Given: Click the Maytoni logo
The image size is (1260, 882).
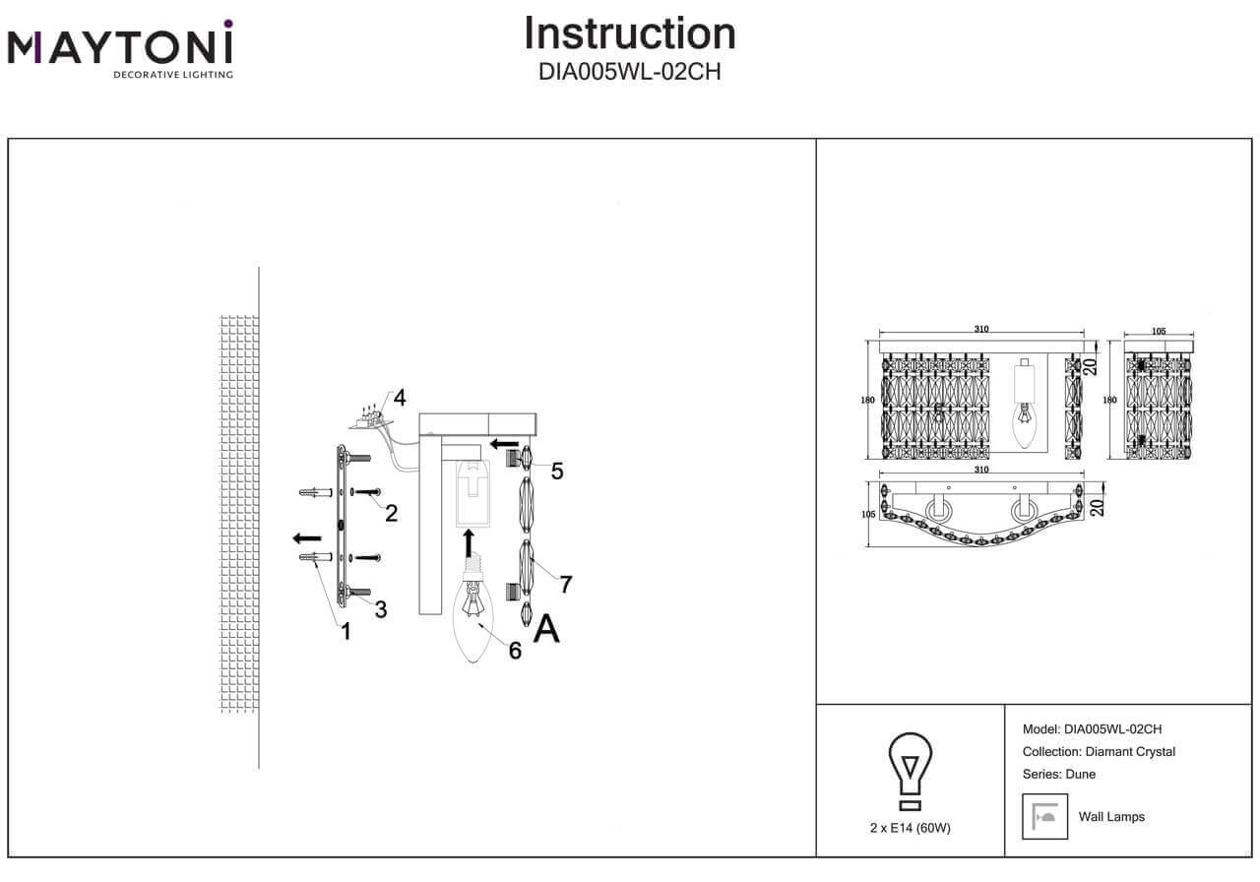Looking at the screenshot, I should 120,49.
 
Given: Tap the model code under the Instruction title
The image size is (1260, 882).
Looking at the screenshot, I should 630,72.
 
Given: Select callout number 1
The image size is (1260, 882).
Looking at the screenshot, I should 346,631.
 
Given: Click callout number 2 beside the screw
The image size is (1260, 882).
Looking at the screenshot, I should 392,513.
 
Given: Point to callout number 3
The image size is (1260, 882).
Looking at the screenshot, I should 380,609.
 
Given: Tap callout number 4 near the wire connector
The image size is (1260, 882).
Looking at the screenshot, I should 399,399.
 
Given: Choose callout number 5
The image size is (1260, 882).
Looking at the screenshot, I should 557,472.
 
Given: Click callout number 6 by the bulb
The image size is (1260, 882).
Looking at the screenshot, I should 515,650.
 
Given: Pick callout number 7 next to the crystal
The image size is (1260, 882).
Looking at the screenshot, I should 565,584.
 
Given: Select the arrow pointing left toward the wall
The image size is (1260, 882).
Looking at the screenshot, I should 307,538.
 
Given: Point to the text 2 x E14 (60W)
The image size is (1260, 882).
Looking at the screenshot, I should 911,828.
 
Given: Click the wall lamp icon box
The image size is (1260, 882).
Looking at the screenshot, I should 1044,816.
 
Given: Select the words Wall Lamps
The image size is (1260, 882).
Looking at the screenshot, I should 1111,817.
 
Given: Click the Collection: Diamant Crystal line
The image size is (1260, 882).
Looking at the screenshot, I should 1100,752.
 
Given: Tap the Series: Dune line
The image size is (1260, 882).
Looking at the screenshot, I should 1059,774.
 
